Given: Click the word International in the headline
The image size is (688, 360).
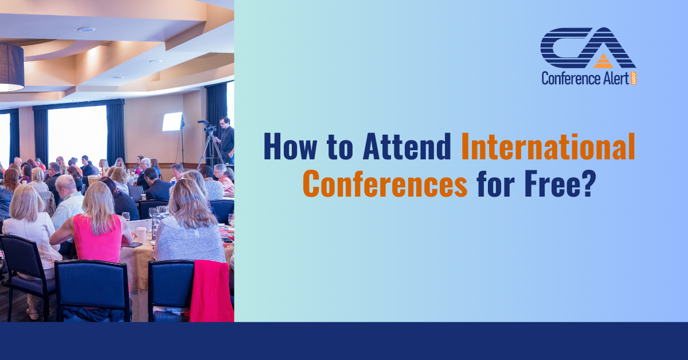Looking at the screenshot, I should (x=548, y=146).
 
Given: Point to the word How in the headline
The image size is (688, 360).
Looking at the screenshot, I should (x=291, y=146).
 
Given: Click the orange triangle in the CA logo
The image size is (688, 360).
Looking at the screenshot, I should (x=603, y=61).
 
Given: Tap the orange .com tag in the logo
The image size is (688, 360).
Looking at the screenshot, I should (x=634, y=77).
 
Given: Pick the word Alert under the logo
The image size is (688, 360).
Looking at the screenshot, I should (x=615, y=79).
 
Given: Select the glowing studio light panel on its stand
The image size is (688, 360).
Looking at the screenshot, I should (x=172, y=121).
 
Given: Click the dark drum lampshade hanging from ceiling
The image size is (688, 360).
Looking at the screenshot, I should (x=11, y=67).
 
